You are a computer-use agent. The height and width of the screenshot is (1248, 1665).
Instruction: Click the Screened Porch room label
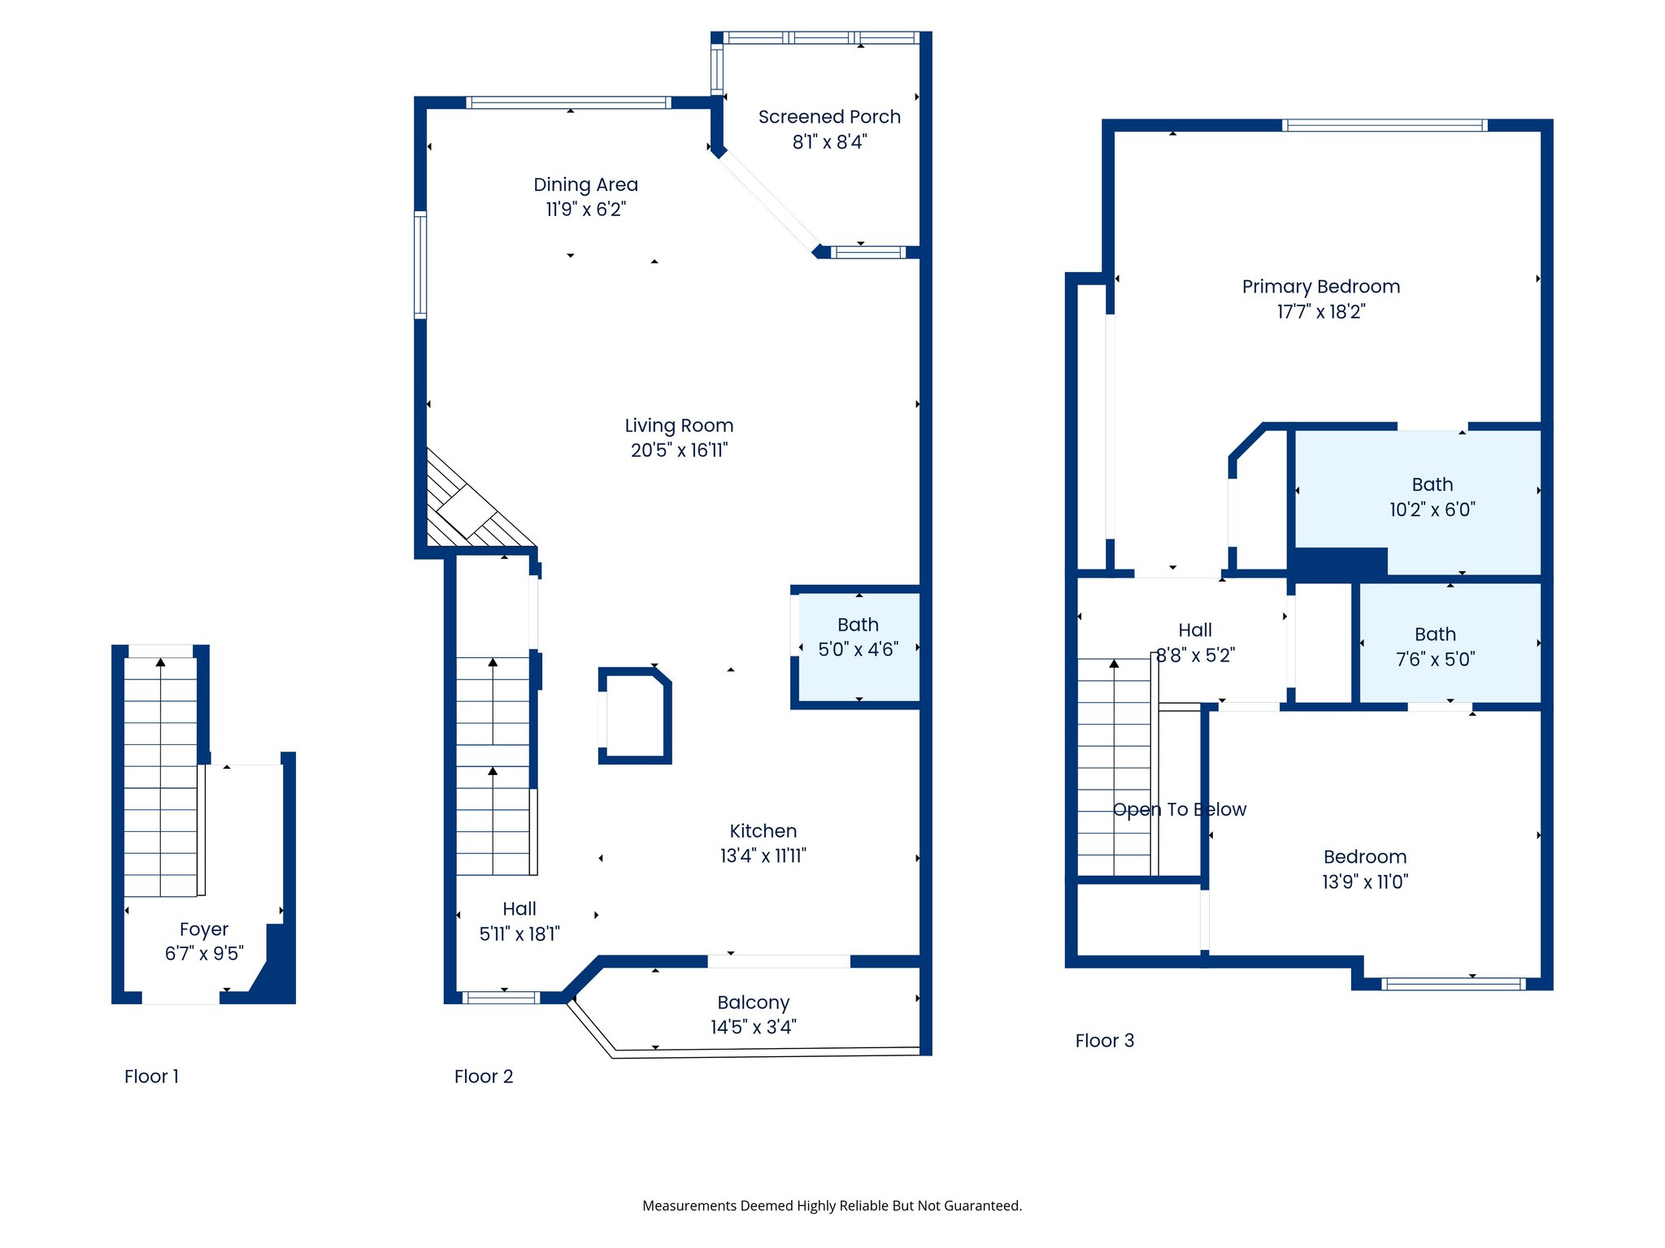coord(829,117)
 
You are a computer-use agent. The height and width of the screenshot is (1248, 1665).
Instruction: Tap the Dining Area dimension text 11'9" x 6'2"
coord(585,210)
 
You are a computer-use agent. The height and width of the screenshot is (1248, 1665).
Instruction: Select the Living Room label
coord(679,426)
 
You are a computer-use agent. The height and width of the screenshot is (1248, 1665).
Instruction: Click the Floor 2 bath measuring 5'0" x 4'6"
coord(858,638)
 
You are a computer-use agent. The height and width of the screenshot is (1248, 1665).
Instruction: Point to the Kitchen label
coord(763,831)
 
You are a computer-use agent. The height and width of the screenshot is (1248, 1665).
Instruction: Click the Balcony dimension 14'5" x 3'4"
coord(753,1028)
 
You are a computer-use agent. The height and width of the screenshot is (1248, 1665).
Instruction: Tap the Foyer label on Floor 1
coord(203,929)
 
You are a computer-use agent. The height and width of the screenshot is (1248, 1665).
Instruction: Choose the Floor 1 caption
coord(151,1077)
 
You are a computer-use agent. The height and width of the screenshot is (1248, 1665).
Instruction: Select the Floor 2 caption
coord(484,1077)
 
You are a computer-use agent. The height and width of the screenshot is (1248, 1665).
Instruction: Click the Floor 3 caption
coord(1104,1041)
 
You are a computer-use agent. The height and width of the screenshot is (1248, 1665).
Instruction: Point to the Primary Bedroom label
coord(1320,287)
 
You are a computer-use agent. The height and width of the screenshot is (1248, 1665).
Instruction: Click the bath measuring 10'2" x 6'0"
coord(1432,497)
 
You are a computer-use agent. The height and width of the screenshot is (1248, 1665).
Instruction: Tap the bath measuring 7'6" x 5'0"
coord(1435,647)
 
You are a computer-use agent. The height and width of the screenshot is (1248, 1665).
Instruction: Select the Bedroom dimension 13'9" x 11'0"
coord(1365,882)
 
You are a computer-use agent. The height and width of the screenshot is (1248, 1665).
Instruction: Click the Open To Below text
coord(1179,809)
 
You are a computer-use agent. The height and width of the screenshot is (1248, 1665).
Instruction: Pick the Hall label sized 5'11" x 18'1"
coord(519,909)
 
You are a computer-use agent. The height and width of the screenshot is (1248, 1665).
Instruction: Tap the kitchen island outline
coord(634,716)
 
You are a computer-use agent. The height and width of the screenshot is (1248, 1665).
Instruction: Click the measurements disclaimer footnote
coord(832,1206)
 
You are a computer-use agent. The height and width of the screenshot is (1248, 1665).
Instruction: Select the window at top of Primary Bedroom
coord(1385,125)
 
